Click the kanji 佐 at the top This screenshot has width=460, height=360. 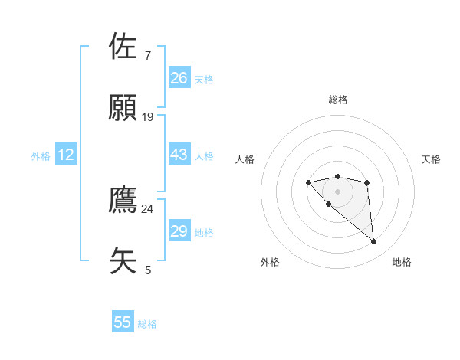[123, 47]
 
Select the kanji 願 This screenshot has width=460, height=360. [123, 108]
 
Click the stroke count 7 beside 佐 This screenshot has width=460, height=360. [148, 56]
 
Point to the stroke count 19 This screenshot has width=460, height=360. [148, 117]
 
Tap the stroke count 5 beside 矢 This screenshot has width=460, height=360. [148, 270]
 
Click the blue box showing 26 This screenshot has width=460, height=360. [179, 78]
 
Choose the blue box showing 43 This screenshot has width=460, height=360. [179, 155]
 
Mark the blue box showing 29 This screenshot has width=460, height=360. [179, 231]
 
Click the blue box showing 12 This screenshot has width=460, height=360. [66, 155]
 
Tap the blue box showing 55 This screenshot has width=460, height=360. [123, 322]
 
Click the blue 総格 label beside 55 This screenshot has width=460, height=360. [147, 324]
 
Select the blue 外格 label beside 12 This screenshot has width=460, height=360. [41, 156]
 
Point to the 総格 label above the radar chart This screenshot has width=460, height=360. [338, 100]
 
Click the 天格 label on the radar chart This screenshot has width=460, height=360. [432, 159]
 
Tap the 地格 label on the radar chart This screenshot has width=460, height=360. [402, 262]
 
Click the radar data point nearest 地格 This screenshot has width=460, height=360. [374, 242]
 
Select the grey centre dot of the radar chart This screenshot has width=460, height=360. [337, 191]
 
